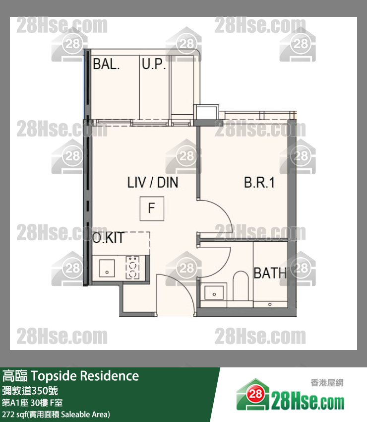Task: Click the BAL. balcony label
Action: tap(106, 64)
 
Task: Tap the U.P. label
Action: tap(154, 64)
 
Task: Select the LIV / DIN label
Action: tap(153, 182)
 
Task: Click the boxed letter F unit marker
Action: tap(152, 209)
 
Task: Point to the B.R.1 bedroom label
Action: tap(259, 182)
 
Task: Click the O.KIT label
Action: tap(108, 238)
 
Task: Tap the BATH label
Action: tap(270, 273)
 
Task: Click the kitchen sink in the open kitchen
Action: tap(107, 268)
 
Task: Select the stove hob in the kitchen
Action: tap(132, 267)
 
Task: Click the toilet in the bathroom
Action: tap(241, 285)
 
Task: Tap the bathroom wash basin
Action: tap(214, 293)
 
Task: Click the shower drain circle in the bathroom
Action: tap(270, 304)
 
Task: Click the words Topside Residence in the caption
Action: tap(85, 376)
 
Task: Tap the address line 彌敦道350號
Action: tap(30, 391)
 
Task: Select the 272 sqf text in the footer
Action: tap(12, 414)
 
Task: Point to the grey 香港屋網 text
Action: tap(327, 382)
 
